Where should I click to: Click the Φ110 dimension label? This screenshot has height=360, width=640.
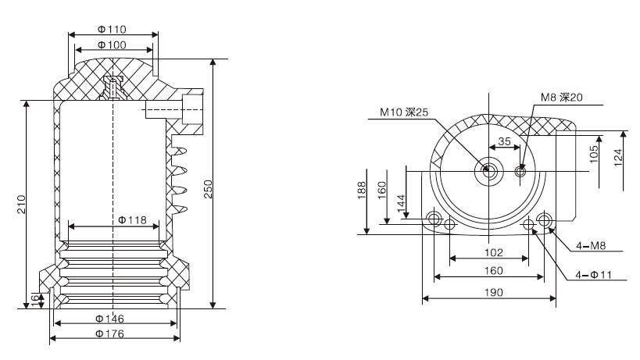(113, 30)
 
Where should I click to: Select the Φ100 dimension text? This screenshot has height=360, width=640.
(113, 45)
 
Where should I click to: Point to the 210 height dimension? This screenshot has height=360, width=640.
(22, 205)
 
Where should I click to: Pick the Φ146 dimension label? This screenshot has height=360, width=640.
(110, 319)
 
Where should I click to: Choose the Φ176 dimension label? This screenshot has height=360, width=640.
(110, 333)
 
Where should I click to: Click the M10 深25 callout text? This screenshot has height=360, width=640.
(404, 112)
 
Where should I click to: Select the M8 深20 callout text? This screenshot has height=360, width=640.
(562, 98)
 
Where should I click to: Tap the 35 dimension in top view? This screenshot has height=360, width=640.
(504, 142)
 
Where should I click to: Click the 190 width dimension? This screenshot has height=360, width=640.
(488, 291)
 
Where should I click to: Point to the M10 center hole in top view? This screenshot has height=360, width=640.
(488, 169)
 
